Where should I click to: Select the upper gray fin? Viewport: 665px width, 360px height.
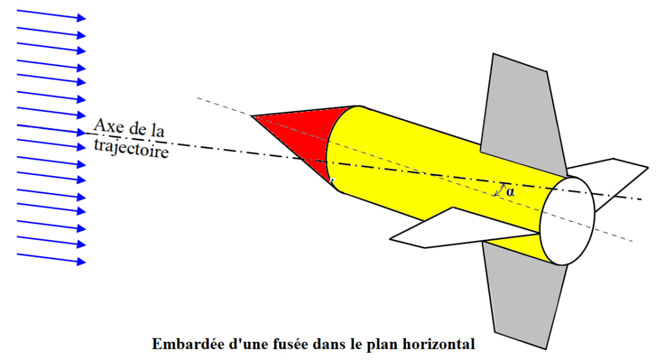click(x=520, y=110)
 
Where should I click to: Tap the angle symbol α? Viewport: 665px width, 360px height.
click(x=510, y=192)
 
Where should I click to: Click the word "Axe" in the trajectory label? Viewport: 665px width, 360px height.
click(x=108, y=125)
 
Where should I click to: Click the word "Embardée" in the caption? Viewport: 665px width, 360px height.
click(x=184, y=344)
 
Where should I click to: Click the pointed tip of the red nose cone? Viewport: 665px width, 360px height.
click(x=252, y=116)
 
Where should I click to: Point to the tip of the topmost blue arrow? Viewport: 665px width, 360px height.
click(x=85, y=18)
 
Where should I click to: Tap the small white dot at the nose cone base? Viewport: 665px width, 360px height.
click(x=331, y=181)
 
